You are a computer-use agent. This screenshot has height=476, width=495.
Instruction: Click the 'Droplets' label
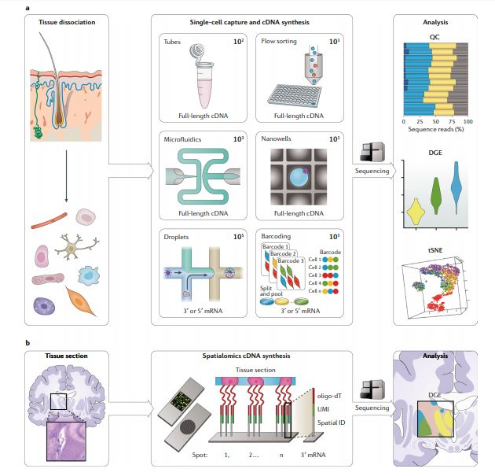pos(178,235)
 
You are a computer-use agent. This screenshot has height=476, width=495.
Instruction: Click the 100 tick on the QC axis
pos(467,122)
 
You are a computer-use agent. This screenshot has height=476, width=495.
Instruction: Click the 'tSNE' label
pos(434,249)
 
